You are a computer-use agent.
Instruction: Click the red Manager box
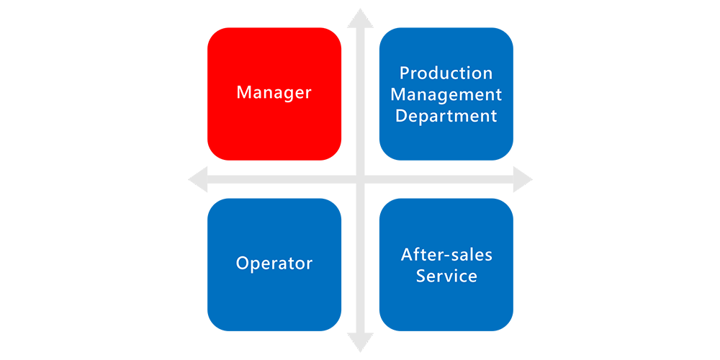point(274,94)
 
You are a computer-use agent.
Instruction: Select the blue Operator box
point(274,264)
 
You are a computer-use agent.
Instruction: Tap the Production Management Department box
point(446,94)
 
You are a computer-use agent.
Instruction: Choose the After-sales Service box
point(446,264)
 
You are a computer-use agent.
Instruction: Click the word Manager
point(274,93)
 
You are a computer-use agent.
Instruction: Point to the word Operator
point(274,264)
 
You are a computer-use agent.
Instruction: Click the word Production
point(446,73)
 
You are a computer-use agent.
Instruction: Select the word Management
point(446,95)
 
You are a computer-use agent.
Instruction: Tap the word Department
point(446,116)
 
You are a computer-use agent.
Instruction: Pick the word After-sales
point(446,254)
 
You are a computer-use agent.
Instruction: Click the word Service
point(446,276)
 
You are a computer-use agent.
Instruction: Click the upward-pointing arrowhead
point(360,19)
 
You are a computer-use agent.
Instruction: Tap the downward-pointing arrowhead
point(360,341)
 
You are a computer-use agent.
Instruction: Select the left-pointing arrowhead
point(199,179)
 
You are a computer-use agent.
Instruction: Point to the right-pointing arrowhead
point(523,179)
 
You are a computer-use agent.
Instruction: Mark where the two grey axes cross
point(360,179)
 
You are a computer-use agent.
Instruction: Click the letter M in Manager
point(244,93)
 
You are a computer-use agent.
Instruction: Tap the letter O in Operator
point(243,264)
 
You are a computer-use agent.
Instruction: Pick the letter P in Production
point(404,73)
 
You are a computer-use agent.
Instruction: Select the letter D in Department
point(401,115)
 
